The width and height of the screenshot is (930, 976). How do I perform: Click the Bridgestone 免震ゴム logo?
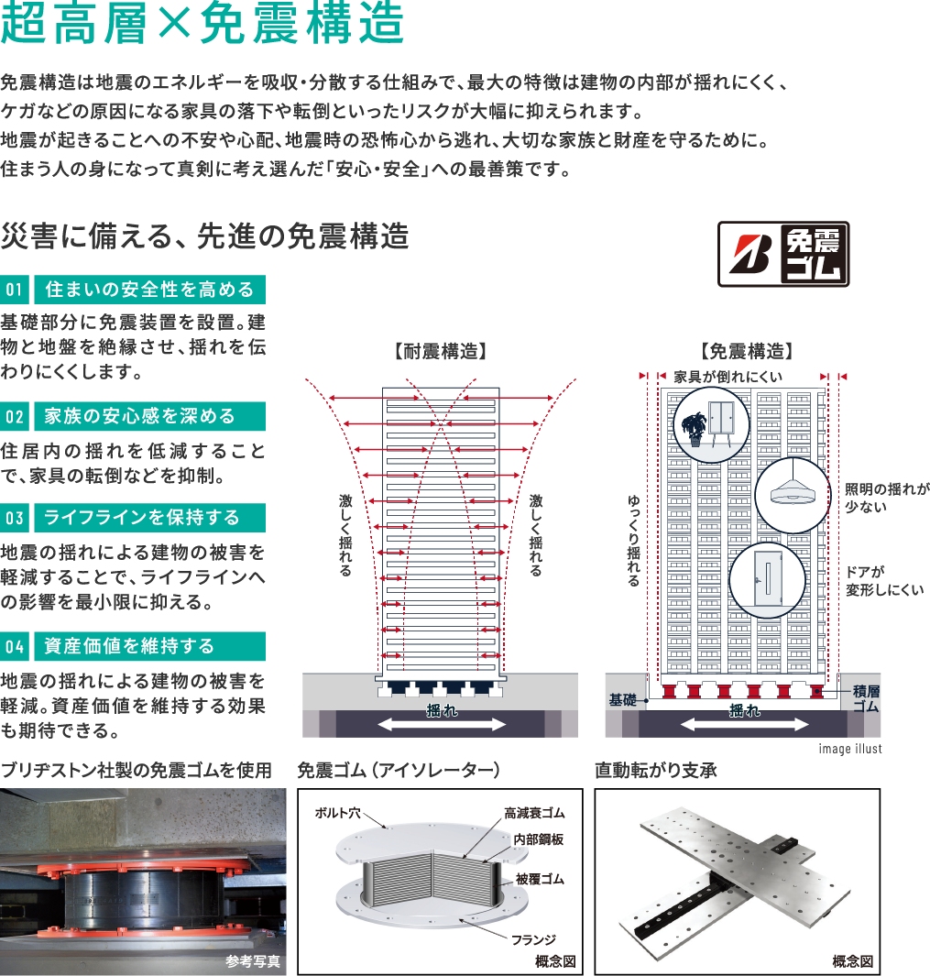[x=783, y=254]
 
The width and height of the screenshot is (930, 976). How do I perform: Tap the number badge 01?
[x=15, y=290]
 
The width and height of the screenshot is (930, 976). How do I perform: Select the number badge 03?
[x=15, y=518]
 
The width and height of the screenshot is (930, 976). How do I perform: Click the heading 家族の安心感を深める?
[x=139, y=416]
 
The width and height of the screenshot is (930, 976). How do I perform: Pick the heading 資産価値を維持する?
[x=129, y=646]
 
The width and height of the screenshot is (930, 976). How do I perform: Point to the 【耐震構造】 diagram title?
[x=440, y=352]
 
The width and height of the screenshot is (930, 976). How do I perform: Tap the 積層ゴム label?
[x=865, y=699]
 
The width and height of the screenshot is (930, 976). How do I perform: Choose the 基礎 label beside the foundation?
[x=622, y=700]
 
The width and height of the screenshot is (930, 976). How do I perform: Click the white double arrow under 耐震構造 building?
[x=442, y=724]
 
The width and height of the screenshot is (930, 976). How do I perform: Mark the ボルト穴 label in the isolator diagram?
[x=337, y=813]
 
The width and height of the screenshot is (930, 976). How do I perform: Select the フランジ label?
[x=533, y=940]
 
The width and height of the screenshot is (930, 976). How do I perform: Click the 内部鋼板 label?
[x=539, y=839]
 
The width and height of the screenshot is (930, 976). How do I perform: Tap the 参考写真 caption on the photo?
[x=253, y=962]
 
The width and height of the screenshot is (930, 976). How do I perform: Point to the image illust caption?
[x=850, y=749]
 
